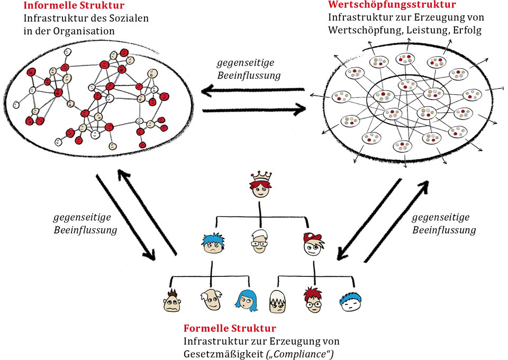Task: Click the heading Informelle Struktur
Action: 74,5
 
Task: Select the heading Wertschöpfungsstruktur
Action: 392,5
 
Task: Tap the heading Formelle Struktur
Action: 230,328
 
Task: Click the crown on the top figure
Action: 261,177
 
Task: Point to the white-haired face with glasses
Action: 260,241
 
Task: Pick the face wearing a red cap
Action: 313,244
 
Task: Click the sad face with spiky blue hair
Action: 213,244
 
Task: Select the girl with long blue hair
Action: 247,300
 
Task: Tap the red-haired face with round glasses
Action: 313,300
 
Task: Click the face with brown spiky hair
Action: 171,301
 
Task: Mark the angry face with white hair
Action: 278,301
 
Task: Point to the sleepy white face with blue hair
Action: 350,301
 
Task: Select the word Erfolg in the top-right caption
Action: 467,30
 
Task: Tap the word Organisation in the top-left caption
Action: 84,31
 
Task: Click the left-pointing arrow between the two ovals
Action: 253,90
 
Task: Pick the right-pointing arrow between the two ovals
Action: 255,110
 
